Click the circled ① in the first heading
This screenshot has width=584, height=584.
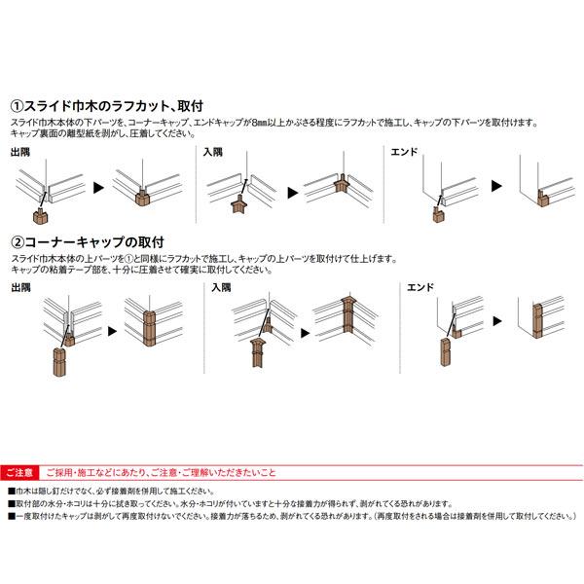pos(18,106)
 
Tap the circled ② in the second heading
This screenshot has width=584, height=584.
pos(18,242)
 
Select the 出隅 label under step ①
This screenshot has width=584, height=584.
pos(20,152)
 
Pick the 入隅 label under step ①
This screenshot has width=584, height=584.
pos(213,152)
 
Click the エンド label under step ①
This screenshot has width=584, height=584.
pos(404,152)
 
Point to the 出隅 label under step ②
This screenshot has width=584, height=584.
pos(20,287)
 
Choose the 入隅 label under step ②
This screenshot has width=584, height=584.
pos(221,287)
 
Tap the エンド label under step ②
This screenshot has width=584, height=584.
pos(420,287)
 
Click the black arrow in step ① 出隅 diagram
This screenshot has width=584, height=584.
pos(98,187)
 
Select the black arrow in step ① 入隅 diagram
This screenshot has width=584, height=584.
pos(293,193)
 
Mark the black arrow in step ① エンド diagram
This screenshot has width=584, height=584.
pos(496,186)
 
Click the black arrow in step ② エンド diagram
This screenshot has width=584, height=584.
pos(497,320)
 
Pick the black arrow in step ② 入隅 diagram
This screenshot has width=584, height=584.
pos(305,333)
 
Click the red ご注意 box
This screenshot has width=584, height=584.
pos(19,473)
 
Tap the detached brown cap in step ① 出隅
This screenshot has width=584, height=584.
pos(40,216)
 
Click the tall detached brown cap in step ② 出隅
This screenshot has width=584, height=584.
pos(59,363)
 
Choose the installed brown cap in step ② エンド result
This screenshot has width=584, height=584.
pos(537,321)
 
